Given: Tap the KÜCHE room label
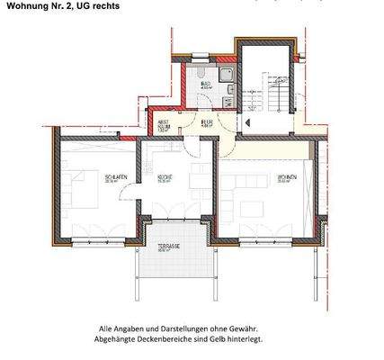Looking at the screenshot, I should (x=166, y=176).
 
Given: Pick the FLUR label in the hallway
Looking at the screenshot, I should (x=206, y=122).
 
